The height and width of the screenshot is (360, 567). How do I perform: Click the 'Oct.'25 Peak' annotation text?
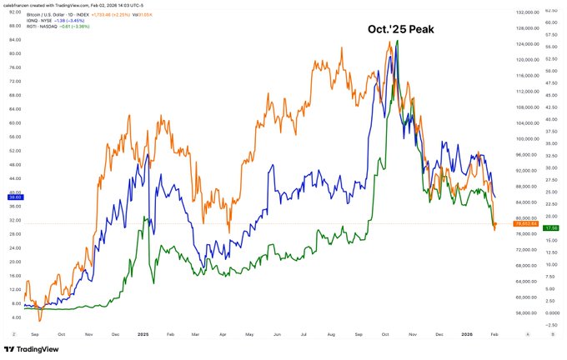click(403, 29)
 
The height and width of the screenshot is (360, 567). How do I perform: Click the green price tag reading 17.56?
click(550, 227)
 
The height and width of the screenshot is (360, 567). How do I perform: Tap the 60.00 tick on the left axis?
click(15, 122)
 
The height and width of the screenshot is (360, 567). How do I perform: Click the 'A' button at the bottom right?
click(529, 332)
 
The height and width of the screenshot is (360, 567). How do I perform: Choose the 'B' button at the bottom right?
click(551, 332)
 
